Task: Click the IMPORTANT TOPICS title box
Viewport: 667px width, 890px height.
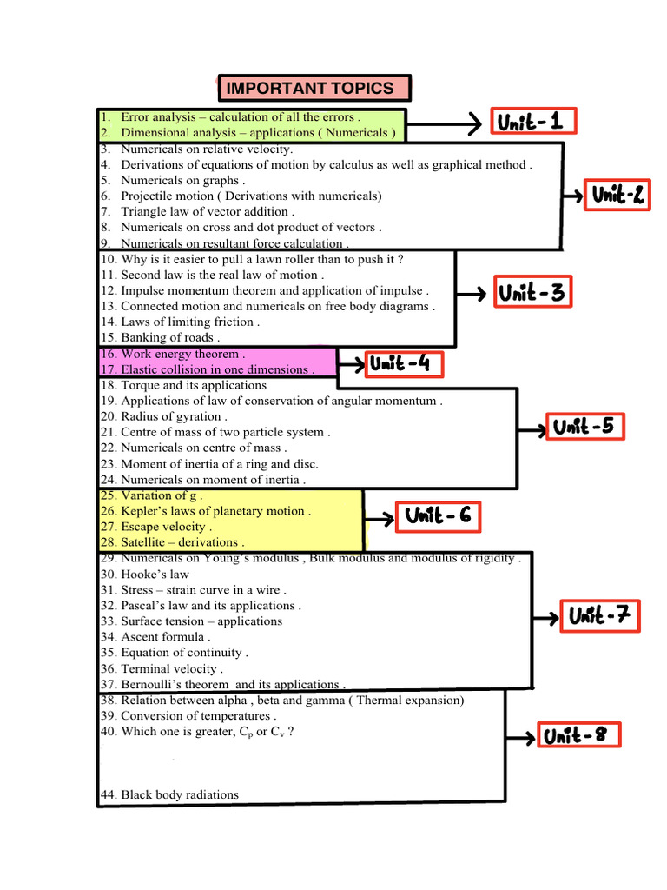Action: point(314,88)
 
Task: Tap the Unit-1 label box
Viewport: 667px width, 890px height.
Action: point(534,121)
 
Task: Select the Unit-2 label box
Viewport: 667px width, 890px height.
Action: point(617,196)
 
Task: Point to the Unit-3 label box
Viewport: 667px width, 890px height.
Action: point(532,292)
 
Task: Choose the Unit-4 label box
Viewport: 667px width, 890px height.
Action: point(405,364)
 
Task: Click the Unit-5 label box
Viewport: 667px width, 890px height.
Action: point(585,426)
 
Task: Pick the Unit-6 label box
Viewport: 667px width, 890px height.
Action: point(438,516)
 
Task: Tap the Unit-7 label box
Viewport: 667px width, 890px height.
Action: point(600,616)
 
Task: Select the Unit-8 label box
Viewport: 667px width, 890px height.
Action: point(579,734)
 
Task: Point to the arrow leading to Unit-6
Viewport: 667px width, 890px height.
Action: point(379,518)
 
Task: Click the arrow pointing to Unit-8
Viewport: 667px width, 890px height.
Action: point(521,738)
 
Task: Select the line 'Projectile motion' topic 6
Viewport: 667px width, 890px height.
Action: point(241,196)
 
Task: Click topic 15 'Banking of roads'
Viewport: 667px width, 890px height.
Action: point(160,338)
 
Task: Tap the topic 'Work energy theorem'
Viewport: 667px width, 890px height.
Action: point(173,355)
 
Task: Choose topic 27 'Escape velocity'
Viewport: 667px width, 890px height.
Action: point(156,528)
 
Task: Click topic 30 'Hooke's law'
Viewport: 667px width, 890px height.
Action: point(145,575)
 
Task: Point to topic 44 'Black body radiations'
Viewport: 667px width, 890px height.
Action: point(169,794)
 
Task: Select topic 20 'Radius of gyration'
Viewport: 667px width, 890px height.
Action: point(164,416)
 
